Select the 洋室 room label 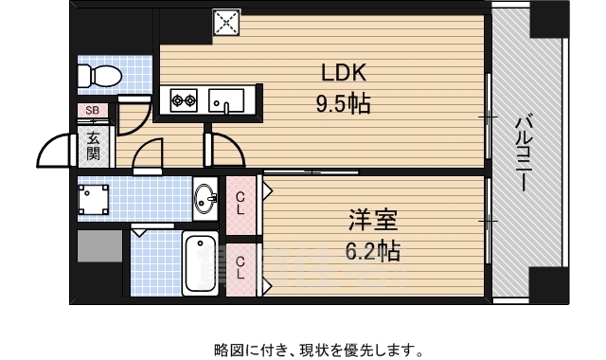373,223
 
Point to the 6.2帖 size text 373,250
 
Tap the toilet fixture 98,74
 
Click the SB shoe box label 93,111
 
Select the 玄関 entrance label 93,144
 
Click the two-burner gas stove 183,99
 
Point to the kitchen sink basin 226,99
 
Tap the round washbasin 205,198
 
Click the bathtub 200,261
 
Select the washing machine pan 93,198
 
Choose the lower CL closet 241,266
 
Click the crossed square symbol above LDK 227,22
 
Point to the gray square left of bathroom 99,245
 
